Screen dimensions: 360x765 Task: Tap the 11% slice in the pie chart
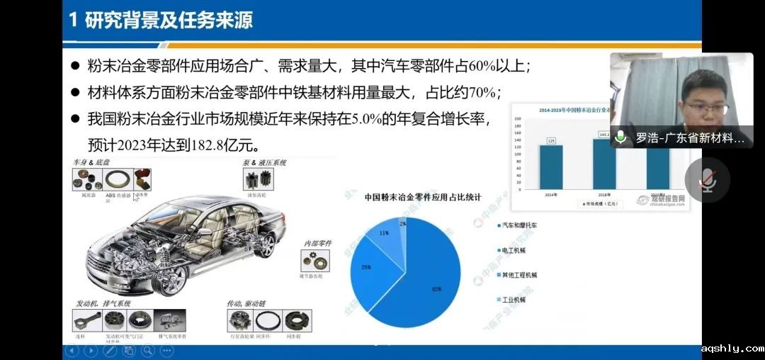point(385,233)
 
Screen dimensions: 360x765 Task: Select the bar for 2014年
point(551,167)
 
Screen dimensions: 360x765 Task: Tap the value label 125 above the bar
point(551,141)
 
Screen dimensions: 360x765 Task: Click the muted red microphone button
point(706,180)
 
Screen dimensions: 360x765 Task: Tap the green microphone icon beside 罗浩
point(621,137)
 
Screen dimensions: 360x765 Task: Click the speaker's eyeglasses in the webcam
point(706,108)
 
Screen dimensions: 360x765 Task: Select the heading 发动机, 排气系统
point(103,303)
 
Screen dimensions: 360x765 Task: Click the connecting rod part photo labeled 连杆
point(87,321)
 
